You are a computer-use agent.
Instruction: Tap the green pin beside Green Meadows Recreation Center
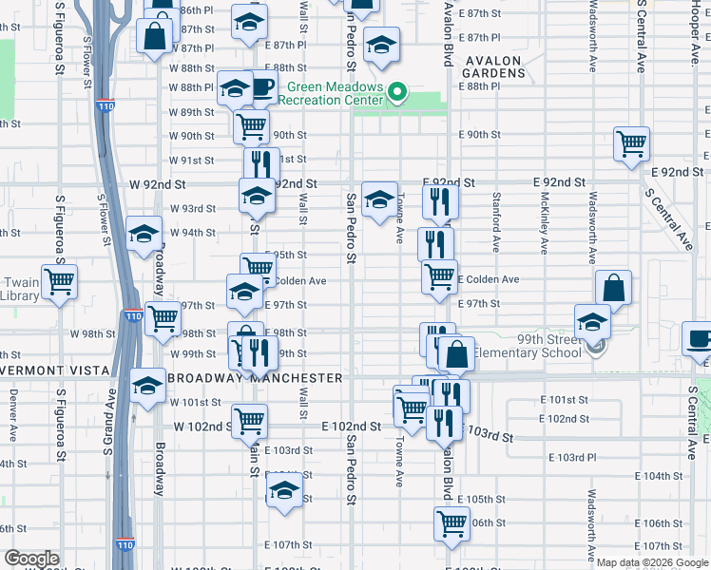[x=398, y=93]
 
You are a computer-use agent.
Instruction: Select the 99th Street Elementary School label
[x=527, y=346]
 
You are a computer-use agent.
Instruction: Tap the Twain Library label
[x=20, y=289]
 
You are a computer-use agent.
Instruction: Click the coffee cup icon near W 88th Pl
[x=261, y=88]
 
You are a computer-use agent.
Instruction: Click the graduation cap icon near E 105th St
[x=282, y=490]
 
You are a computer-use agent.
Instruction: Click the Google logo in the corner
[x=31, y=559]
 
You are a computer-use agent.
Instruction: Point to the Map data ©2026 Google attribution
[x=652, y=562]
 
